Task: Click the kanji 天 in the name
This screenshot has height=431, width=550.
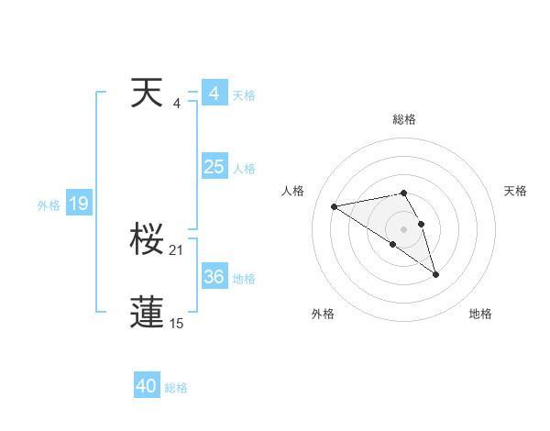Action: (x=147, y=94)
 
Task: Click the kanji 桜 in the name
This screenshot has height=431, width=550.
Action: (x=147, y=240)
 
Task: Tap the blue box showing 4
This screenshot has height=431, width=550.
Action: (x=214, y=94)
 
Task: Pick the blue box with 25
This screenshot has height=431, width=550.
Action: (x=214, y=167)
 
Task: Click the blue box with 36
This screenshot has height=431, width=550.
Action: (x=214, y=277)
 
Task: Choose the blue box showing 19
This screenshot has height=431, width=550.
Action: (x=79, y=204)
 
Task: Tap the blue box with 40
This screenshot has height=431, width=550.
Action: (x=147, y=386)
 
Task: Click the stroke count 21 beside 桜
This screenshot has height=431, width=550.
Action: (x=177, y=250)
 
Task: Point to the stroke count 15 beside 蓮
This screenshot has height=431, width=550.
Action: (x=177, y=323)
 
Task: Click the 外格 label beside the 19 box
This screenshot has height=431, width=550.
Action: (x=49, y=205)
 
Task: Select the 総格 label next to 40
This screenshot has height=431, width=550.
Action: (x=176, y=388)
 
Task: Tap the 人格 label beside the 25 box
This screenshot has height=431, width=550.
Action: (x=244, y=169)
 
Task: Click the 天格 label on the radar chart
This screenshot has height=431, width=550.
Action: (x=515, y=191)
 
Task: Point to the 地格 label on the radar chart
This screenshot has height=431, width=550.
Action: (x=480, y=314)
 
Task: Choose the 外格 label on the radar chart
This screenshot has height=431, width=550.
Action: (x=323, y=314)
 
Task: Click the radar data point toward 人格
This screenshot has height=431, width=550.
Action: (x=335, y=205)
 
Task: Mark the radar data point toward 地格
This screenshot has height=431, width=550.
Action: (x=435, y=274)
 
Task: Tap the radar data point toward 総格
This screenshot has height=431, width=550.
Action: (x=403, y=193)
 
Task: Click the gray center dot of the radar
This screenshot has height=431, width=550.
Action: (x=403, y=227)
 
